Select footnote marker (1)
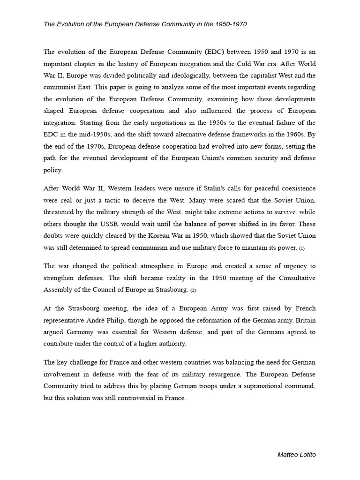point(302,248)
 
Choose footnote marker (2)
point(193,290)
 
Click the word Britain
point(304,320)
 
